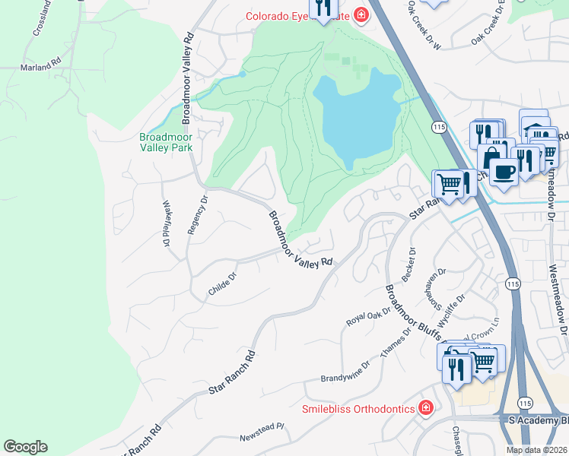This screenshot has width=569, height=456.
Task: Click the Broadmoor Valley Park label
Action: [166, 143]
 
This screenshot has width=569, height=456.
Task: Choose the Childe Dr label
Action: [222, 283]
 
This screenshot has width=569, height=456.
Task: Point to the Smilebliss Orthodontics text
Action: [358, 409]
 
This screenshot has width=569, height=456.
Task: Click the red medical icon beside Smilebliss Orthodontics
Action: [426, 408]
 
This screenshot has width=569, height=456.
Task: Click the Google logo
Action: [25, 447]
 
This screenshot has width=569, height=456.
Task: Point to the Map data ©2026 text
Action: [536, 450]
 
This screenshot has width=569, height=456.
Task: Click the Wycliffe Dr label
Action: [451, 310]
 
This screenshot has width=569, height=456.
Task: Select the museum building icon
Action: [535, 127]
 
